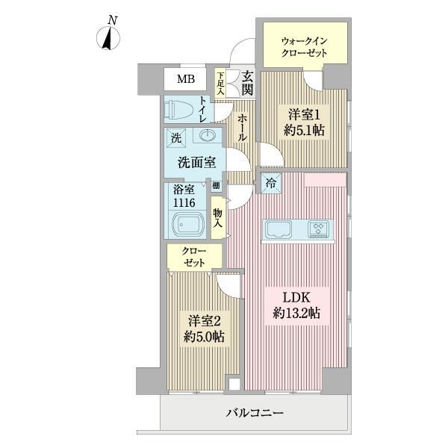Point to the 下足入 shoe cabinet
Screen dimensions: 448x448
pyautogui.click(x=221, y=82)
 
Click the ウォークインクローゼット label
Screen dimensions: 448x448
pyautogui.click(x=304, y=46)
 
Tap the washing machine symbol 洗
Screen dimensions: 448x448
pyautogui.click(x=175, y=137)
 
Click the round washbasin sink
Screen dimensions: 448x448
pyautogui.click(x=207, y=137)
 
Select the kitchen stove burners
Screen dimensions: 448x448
pyautogui.click(x=321, y=228)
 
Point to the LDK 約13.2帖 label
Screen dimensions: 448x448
pyautogui.click(x=296, y=306)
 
